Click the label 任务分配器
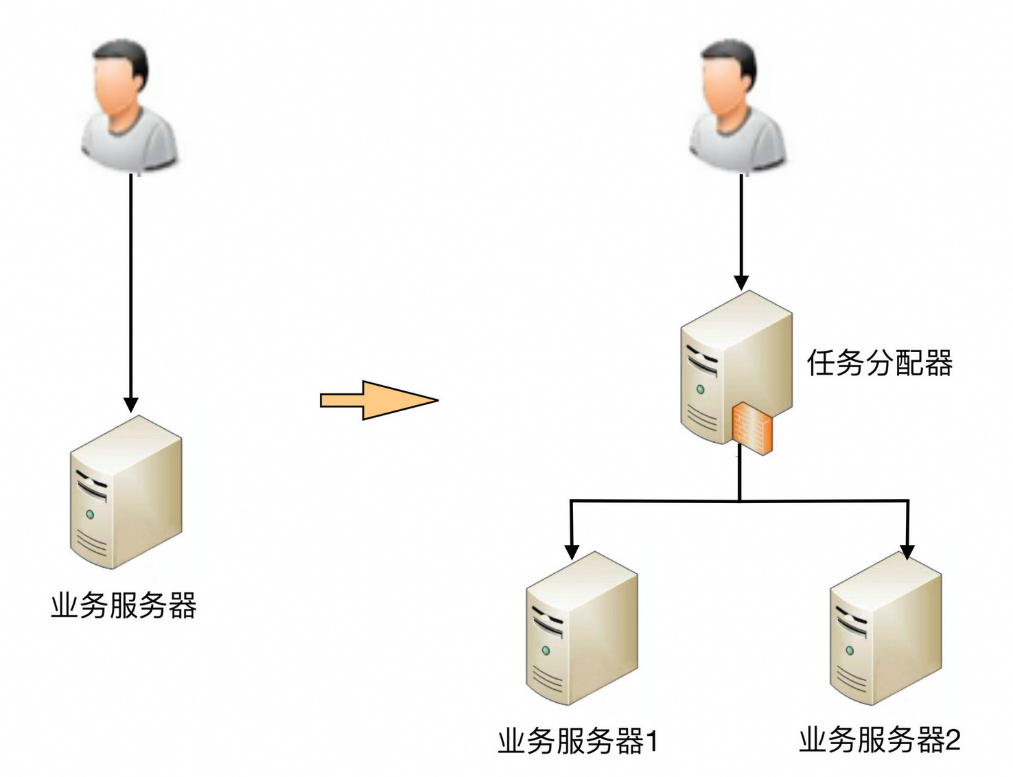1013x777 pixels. pyautogui.click(x=879, y=363)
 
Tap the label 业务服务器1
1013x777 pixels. pyautogui.click(x=578, y=741)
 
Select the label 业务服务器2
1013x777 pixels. pyautogui.click(x=879, y=739)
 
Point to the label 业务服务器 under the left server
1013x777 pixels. pyautogui.click(x=124, y=605)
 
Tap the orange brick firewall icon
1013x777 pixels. pyautogui.click(x=752, y=428)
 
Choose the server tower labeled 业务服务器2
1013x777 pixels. pyautogui.click(x=885, y=628)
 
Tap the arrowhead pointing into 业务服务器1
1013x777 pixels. pyautogui.click(x=572, y=552)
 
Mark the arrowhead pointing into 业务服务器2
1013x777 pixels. pyautogui.click(x=907, y=552)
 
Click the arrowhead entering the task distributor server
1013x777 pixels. pyautogui.click(x=741, y=282)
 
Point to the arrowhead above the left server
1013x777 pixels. pyautogui.click(x=130, y=404)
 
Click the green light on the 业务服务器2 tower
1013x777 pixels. pyautogui.click(x=850, y=650)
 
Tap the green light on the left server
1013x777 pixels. pyautogui.click(x=89, y=514)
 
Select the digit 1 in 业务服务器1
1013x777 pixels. pyautogui.click(x=651, y=741)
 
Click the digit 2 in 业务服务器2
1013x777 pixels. pyautogui.click(x=953, y=739)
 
